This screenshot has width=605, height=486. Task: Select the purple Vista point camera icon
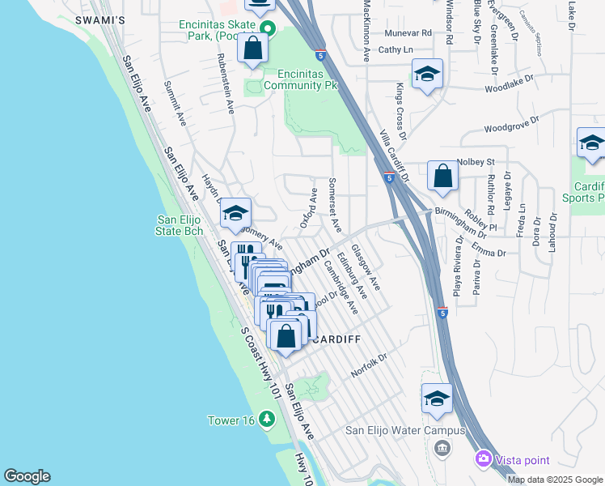[484, 458]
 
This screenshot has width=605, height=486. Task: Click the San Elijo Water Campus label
[405, 430]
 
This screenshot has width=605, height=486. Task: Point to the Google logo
[27, 476]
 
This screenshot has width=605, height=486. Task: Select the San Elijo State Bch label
[180, 225]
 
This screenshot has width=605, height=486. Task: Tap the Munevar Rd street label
[408, 33]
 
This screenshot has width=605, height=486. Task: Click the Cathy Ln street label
[396, 49]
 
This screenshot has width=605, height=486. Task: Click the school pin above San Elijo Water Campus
[437, 399]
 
